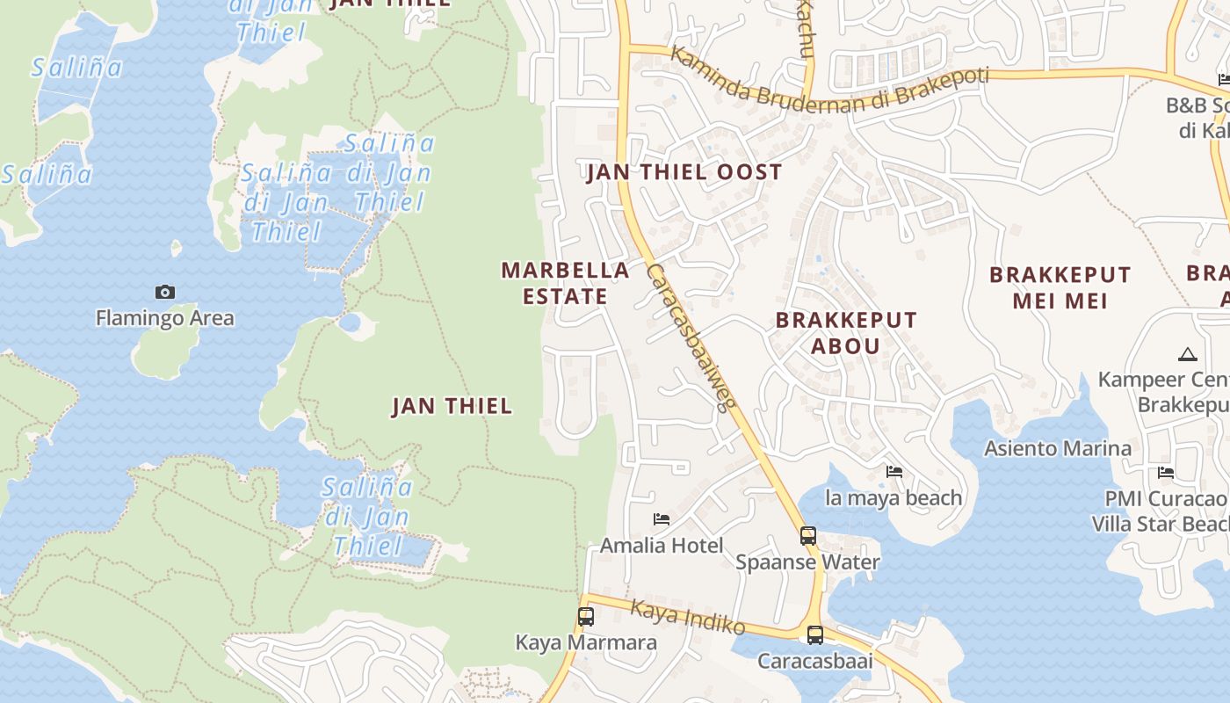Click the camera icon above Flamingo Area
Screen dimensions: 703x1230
click(x=165, y=293)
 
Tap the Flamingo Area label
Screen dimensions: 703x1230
click(x=165, y=317)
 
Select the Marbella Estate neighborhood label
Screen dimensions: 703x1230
click(x=565, y=283)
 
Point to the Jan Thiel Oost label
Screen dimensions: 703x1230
click(x=684, y=172)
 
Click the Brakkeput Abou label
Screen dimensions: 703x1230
click(x=845, y=332)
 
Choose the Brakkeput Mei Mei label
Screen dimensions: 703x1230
click(x=1060, y=287)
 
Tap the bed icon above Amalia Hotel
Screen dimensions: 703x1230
click(x=662, y=520)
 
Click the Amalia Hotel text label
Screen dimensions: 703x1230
click(x=662, y=546)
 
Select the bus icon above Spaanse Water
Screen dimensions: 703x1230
click(x=807, y=535)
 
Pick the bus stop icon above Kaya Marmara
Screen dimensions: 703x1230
click(x=586, y=617)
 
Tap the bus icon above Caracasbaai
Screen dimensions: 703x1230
click(x=815, y=634)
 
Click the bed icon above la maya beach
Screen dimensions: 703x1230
click(x=894, y=472)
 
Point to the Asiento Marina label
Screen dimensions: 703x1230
click(x=1058, y=448)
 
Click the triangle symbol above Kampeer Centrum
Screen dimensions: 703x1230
click(x=1188, y=355)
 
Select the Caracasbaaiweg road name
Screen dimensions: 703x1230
click(x=690, y=338)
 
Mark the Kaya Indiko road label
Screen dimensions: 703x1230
click(x=688, y=617)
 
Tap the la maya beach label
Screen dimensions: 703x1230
click(x=894, y=498)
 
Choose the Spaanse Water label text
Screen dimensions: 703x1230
click(x=807, y=562)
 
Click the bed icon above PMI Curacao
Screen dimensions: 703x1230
click(x=1166, y=473)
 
